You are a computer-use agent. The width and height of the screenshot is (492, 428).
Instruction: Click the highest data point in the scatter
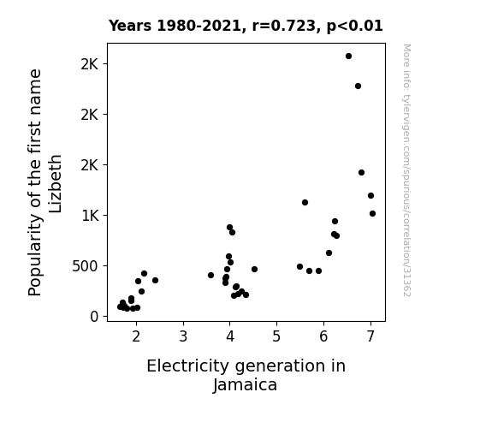[x=348, y=56]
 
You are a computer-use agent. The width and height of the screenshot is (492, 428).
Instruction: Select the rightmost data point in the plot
[x=372, y=213]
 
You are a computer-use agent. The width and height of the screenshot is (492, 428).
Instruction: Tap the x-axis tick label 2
[x=136, y=336]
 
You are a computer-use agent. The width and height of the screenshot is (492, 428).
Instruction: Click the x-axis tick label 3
[x=183, y=336]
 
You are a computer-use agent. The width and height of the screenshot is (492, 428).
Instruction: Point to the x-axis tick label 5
[x=276, y=336]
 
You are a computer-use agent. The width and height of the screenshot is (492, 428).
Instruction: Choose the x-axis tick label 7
[x=370, y=336]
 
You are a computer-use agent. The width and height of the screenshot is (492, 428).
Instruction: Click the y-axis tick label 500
[x=86, y=266]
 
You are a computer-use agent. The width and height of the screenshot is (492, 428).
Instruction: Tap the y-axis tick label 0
[x=94, y=317]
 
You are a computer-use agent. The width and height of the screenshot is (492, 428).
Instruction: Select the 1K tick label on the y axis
[x=90, y=216]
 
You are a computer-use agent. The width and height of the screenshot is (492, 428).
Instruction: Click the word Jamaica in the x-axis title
[x=245, y=384]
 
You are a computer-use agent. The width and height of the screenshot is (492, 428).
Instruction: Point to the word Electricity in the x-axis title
[x=189, y=366]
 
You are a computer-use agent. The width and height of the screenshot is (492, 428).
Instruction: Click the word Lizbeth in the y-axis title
[x=56, y=184]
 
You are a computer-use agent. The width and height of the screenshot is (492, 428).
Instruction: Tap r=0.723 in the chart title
[x=283, y=26]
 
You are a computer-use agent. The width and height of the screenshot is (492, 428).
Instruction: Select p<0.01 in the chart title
[x=354, y=26]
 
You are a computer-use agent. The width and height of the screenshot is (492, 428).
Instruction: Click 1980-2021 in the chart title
[x=199, y=26]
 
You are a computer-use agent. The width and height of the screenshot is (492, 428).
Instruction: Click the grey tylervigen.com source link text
[x=407, y=169]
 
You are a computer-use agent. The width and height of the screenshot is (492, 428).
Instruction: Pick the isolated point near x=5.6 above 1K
[x=305, y=203]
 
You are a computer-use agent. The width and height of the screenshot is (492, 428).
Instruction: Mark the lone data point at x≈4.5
[x=254, y=269]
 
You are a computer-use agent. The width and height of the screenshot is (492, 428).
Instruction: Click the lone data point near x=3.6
[x=210, y=275]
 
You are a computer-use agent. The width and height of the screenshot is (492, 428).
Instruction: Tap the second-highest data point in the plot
[x=358, y=86]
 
